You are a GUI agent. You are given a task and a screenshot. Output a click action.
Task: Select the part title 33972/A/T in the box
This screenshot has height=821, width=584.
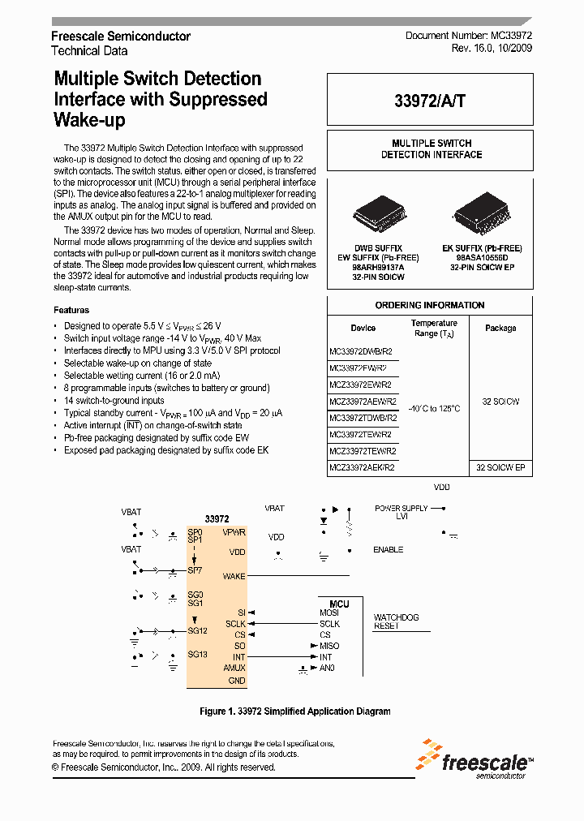pyautogui.click(x=430, y=101)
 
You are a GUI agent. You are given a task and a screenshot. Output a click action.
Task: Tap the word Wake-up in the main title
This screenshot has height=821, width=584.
pyautogui.click(x=89, y=120)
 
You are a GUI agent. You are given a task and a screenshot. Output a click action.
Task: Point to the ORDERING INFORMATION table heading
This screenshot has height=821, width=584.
pyautogui.click(x=430, y=306)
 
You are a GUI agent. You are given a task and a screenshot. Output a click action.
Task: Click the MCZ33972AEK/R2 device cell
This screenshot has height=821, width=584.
pyautogui.click(x=361, y=467)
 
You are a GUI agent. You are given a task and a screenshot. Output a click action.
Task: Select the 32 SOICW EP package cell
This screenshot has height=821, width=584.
pyautogui.click(x=500, y=467)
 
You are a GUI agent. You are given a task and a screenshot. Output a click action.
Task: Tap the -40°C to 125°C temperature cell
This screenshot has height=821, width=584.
pyautogui.click(x=434, y=408)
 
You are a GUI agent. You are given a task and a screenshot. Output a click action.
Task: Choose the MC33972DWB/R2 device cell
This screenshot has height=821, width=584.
pyautogui.click(x=361, y=351)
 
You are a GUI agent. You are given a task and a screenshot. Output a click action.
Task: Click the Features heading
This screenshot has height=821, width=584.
pyautogui.click(x=71, y=310)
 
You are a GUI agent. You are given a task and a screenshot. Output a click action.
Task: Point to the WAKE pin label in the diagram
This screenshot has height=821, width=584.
pyautogui.click(x=234, y=577)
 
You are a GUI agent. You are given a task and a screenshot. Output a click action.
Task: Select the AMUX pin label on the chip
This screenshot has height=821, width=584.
pyautogui.click(x=234, y=668)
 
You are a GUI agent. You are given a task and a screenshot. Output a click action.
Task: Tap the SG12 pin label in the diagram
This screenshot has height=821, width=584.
pyautogui.click(x=197, y=630)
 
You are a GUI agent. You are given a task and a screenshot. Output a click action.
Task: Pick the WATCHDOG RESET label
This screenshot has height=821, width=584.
pyautogui.click(x=396, y=621)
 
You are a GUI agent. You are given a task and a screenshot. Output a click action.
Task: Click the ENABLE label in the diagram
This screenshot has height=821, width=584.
pyautogui.click(x=388, y=550)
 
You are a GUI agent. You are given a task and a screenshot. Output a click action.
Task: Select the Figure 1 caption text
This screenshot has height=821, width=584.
pyautogui.click(x=294, y=711)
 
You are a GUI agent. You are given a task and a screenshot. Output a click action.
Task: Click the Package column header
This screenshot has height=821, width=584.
pyautogui.click(x=500, y=329)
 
